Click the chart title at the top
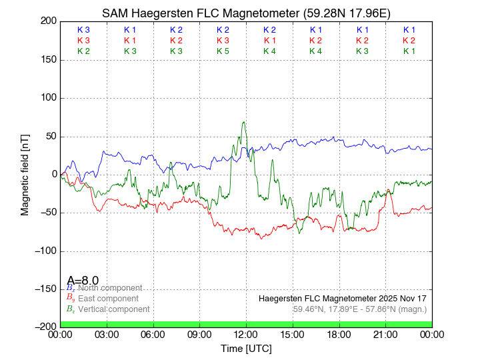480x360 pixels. (x=246, y=13)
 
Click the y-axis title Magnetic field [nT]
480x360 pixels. (x=25, y=174)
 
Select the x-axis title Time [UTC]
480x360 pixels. (x=246, y=349)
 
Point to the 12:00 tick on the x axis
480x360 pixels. (x=246, y=327)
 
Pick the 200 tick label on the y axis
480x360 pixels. (x=48, y=21)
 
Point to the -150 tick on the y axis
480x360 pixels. (x=60, y=289)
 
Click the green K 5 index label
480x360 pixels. (x=223, y=51)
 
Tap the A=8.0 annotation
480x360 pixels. (x=83, y=280)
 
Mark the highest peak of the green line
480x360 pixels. (x=244, y=122)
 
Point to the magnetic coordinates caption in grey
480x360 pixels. (x=359, y=309)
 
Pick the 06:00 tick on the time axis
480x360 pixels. (x=153, y=327)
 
